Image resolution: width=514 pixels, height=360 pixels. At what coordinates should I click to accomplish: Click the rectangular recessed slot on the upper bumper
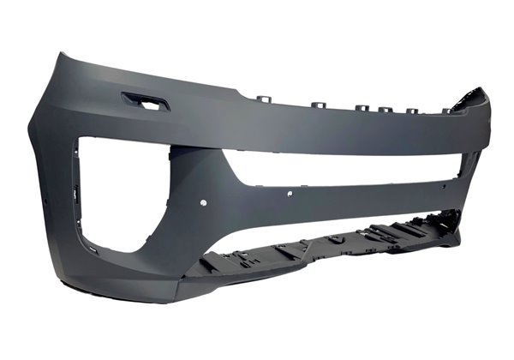click(x=146, y=102)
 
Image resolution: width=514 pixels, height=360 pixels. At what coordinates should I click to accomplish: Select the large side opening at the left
click(x=120, y=193)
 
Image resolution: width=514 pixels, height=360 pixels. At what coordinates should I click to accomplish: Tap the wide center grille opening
click(x=343, y=171)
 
